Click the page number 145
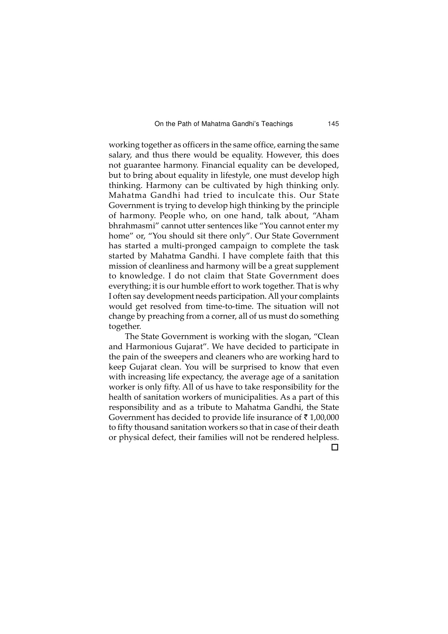click(x=333, y=124)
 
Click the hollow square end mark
click(x=335, y=448)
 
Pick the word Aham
click(x=327, y=216)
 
